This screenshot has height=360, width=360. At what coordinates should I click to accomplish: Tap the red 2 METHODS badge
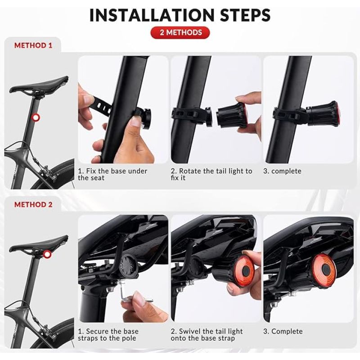tap(180, 32)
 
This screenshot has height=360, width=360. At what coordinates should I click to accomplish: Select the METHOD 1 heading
tap(33, 45)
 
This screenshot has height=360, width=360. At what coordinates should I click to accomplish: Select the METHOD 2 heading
tap(33, 204)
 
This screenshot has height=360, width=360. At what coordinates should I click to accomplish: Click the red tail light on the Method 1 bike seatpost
tap(36, 117)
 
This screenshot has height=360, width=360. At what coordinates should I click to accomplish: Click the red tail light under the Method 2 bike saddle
tap(48, 254)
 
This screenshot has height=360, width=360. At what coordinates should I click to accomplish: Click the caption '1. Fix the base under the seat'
tap(112, 175)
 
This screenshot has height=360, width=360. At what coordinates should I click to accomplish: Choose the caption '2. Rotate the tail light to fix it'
tap(211, 175)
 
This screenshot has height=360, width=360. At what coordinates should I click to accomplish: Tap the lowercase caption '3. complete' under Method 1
tap(282, 171)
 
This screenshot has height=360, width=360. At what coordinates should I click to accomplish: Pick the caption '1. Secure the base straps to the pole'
tap(108, 335)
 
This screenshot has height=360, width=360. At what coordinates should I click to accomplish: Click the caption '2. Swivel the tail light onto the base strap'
tap(207, 335)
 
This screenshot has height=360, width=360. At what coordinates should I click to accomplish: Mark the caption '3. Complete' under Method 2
tap(283, 331)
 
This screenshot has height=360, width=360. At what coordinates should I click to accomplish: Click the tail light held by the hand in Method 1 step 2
tap(232, 115)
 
